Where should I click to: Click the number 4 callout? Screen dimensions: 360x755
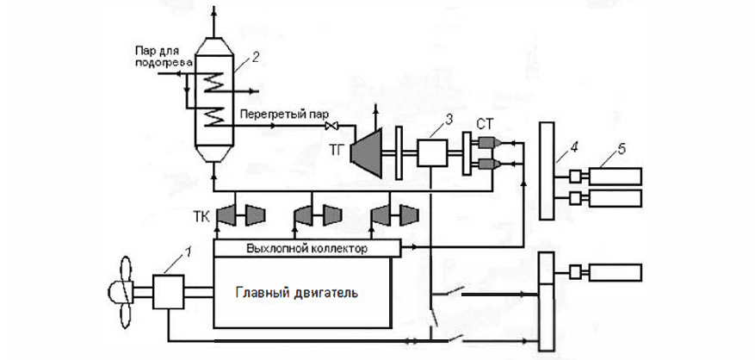tap(560, 158)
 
